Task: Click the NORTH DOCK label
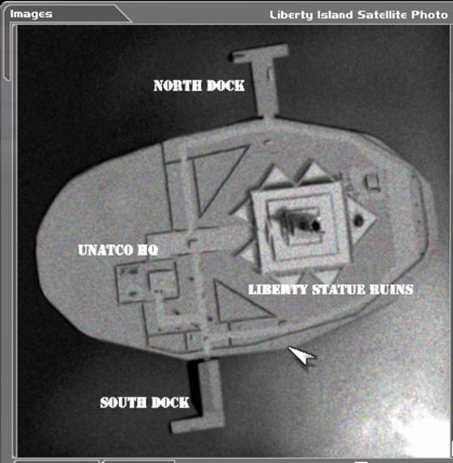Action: click(x=199, y=86)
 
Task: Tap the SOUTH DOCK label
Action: click(x=144, y=402)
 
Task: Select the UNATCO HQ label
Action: click(x=118, y=250)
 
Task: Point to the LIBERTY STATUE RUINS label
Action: click(x=331, y=289)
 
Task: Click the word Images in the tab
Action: click(x=31, y=14)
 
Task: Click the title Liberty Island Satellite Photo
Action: click(x=358, y=15)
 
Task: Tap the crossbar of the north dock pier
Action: click(x=259, y=54)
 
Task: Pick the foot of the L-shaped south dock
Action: click(x=194, y=424)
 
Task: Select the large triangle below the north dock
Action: click(x=218, y=177)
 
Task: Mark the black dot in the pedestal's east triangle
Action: click(x=358, y=221)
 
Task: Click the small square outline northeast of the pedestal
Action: click(x=373, y=182)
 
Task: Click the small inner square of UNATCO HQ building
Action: click(x=163, y=283)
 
